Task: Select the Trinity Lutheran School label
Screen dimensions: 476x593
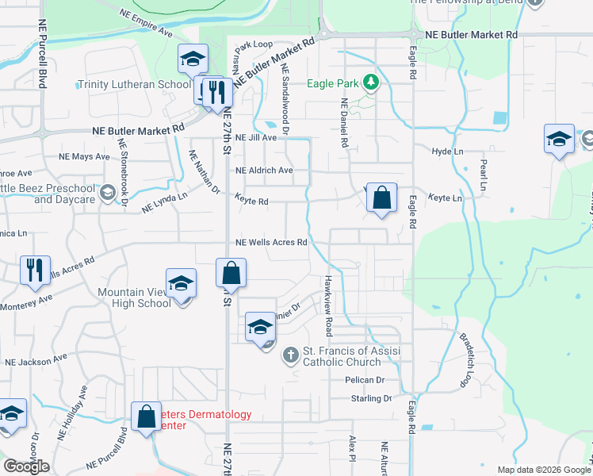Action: coord(134,84)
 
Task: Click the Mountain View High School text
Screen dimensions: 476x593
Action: coord(134,297)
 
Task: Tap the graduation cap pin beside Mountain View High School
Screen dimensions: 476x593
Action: coord(181,283)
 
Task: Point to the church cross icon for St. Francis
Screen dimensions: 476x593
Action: coord(291,355)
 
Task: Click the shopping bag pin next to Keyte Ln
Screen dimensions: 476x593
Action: coord(382,198)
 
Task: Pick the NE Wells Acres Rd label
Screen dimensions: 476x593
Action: coord(271,243)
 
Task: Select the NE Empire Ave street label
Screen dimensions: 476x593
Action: coord(147,24)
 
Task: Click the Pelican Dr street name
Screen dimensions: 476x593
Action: coord(364,380)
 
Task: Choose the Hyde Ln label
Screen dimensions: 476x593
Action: coord(447,151)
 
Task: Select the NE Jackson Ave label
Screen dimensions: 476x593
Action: coord(36,361)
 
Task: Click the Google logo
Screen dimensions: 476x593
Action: coord(26,466)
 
